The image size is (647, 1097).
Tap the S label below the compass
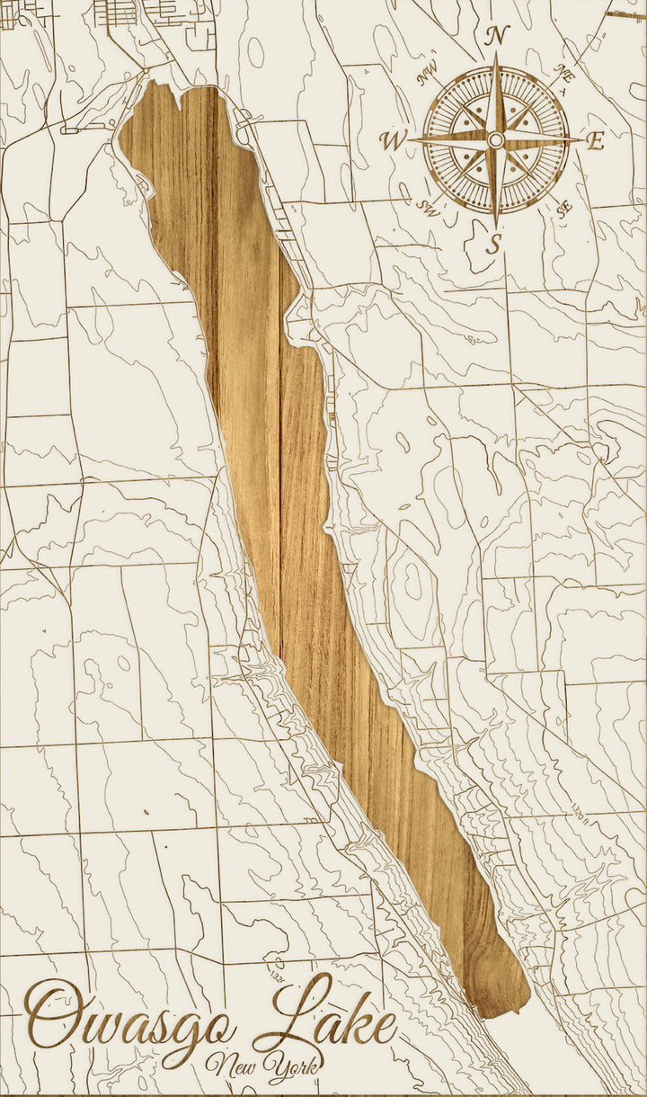point(493,243)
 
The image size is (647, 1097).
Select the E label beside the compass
point(595,140)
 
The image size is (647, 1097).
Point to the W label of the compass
point(393,140)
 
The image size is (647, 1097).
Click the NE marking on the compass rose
point(564,72)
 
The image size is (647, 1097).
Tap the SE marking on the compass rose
point(564,209)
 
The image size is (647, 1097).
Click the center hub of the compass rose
point(495,139)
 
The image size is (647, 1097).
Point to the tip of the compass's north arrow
point(496,53)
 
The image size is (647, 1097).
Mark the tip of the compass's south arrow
point(495,226)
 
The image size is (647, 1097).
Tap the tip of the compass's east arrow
point(581,139)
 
